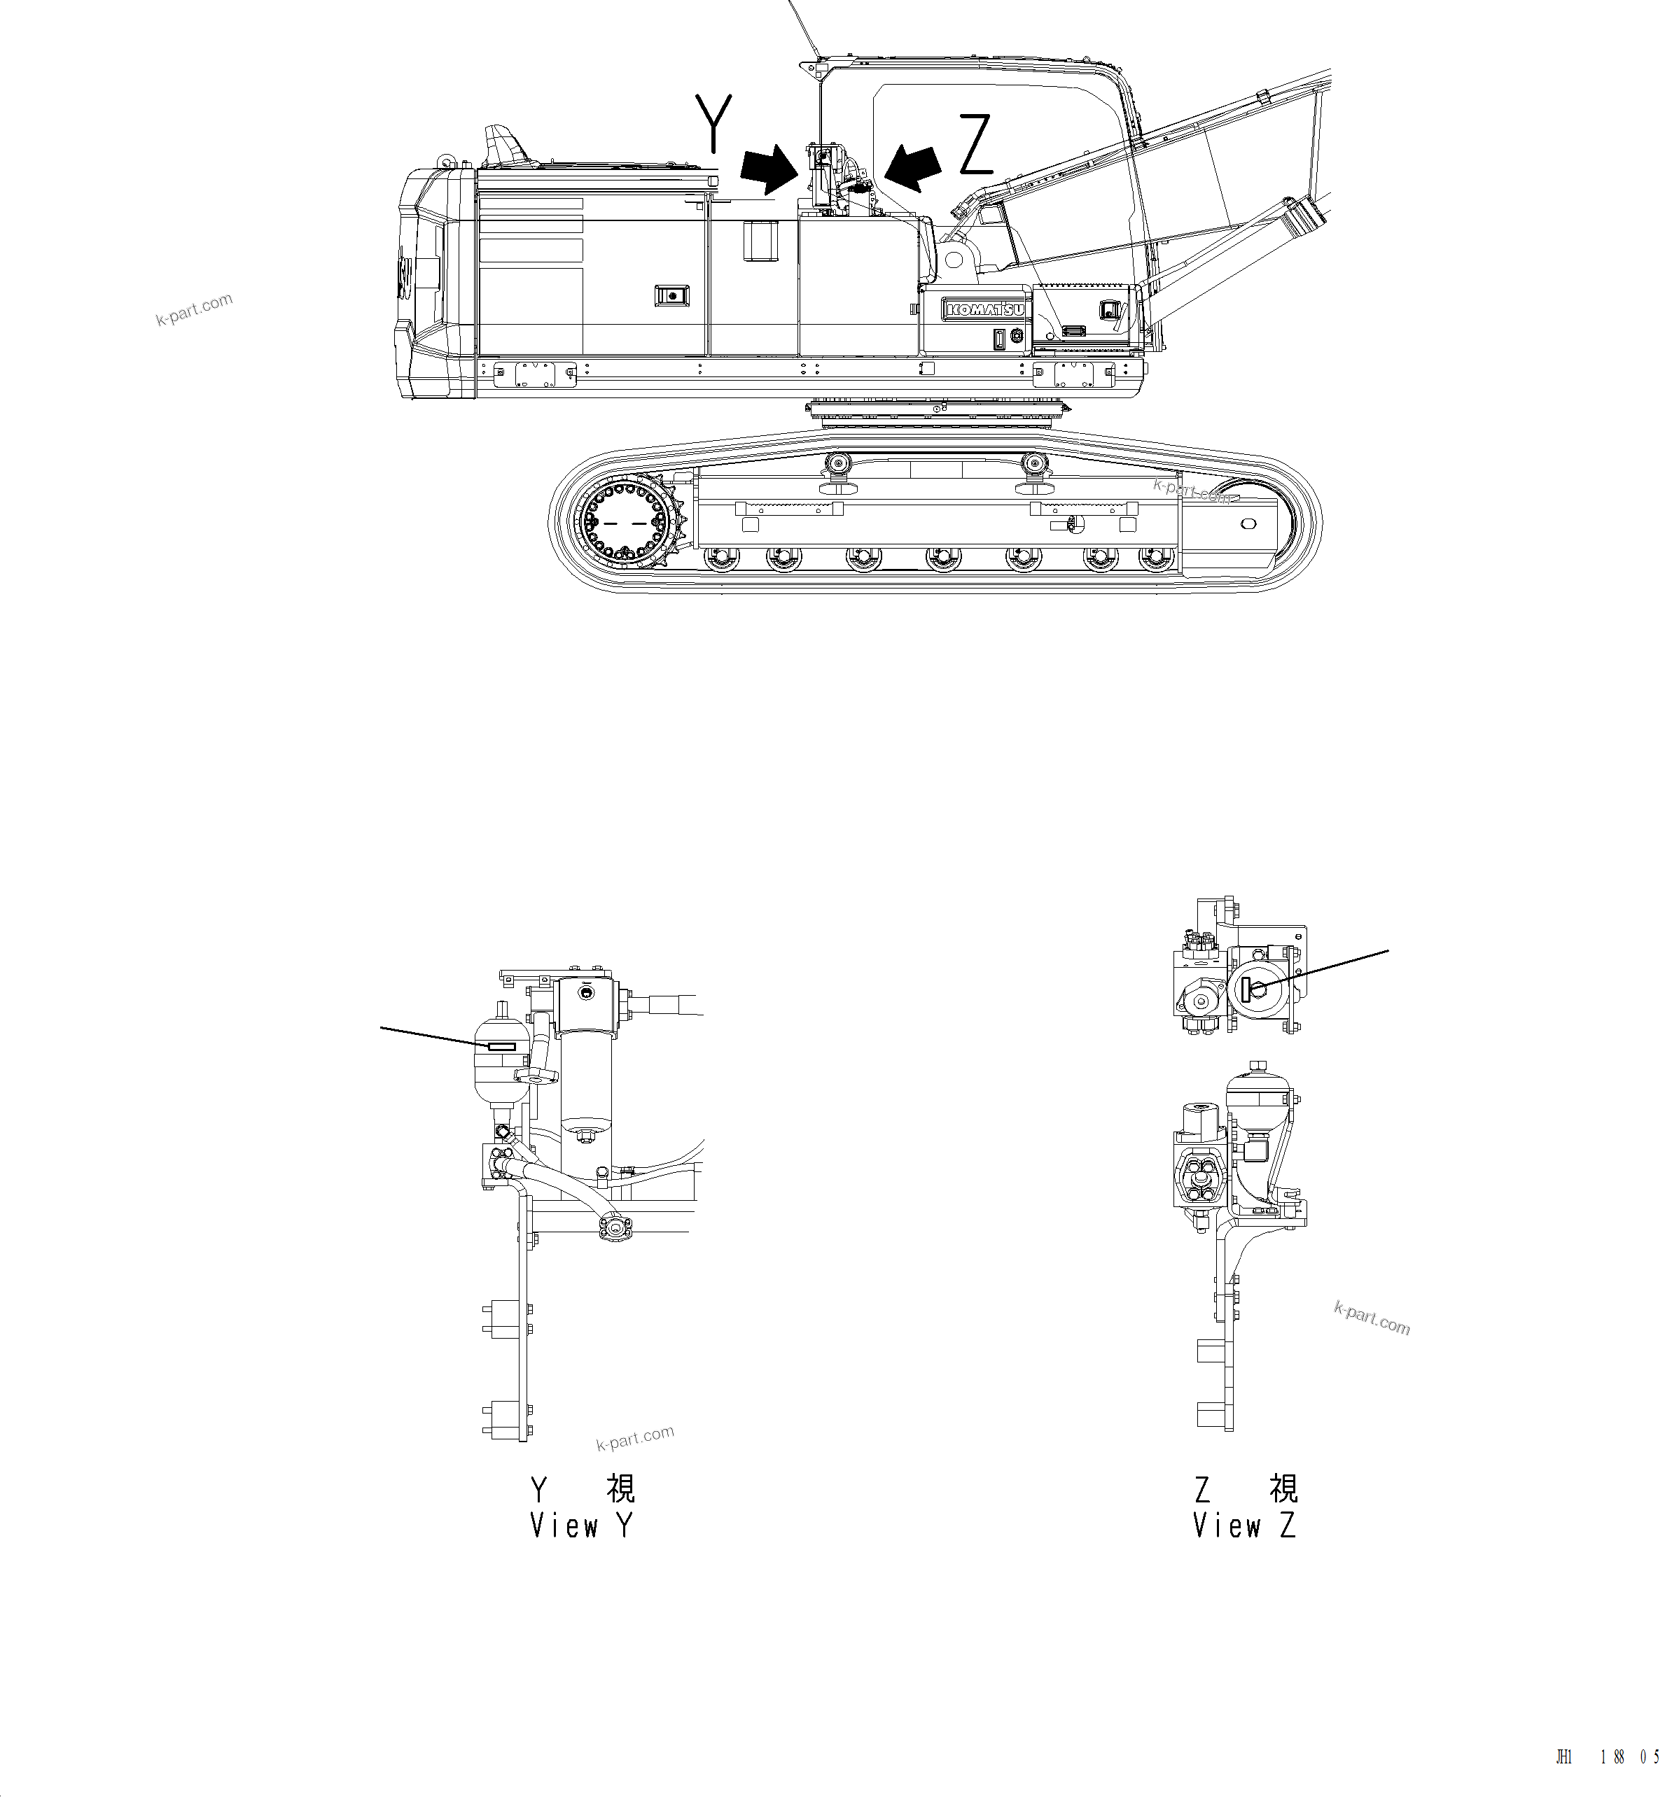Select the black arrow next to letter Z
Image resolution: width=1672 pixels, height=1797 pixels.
click(915, 168)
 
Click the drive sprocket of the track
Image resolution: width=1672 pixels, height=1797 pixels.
click(626, 523)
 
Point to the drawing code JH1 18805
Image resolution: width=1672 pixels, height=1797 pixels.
click(1607, 1756)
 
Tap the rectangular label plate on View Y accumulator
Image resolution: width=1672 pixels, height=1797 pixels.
click(501, 1047)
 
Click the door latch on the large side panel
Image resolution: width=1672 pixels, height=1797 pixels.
click(670, 295)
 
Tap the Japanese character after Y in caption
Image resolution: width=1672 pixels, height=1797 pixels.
click(620, 1488)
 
